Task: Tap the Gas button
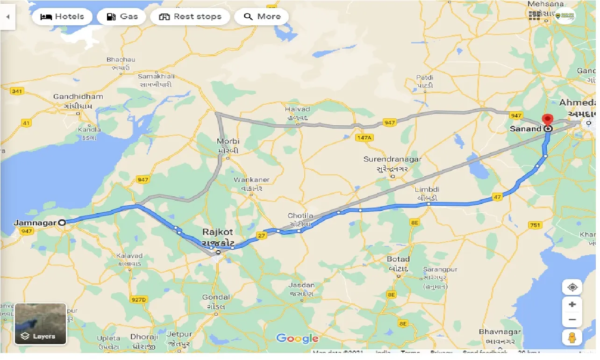tap(121, 17)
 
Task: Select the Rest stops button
tap(190, 17)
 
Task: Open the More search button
tap(262, 17)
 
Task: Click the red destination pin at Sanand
tap(547, 120)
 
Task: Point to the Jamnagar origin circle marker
tap(62, 223)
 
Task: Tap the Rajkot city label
tap(218, 232)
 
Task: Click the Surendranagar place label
tap(393, 159)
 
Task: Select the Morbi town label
tap(228, 141)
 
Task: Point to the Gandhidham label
tap(78, 97)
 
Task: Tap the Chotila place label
tap(300, 216)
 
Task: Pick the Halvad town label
tap(297, 109)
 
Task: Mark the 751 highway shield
tap(535, 225)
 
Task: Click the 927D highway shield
tap(138, 299)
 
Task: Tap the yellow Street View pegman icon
tap(572, 337)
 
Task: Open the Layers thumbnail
tap(41, 324)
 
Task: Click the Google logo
tap(297, 338)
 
